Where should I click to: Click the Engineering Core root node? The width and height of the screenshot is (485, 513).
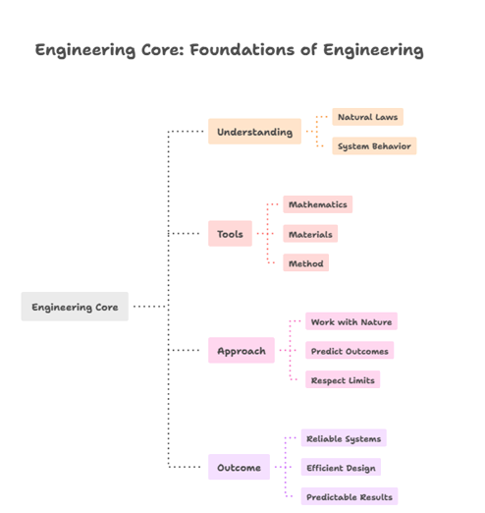point(75,307)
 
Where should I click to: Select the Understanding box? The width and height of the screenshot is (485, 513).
point(254,132)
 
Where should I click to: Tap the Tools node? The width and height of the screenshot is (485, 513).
point(230,234)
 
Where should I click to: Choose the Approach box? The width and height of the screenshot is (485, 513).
point(242,351)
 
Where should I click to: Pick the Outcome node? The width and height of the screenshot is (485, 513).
point(239,467)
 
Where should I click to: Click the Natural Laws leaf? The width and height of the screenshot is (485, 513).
point(367,117)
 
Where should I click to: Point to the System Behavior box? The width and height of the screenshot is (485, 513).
point(373,146)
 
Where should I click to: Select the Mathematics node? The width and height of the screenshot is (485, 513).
point(317,204)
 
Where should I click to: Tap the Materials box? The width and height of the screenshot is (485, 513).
point(310,234)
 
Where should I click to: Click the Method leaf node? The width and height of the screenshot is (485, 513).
point(305,263)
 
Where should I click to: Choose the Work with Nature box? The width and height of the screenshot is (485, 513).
point(350,321)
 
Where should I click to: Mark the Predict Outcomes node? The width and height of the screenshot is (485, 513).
point(350,351)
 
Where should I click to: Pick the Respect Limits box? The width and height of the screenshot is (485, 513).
point(342,379)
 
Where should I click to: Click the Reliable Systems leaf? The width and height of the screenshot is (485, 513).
point(344,438)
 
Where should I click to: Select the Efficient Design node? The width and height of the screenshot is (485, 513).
point(340,467)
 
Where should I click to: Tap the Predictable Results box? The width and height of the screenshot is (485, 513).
point(349,496)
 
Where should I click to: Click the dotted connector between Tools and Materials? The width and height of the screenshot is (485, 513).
point(268,234)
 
